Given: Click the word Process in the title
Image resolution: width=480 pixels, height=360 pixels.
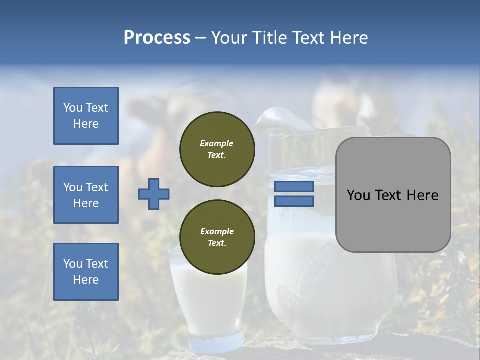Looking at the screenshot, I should [157, 38].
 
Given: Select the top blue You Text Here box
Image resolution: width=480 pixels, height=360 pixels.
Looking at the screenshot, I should [86, 116].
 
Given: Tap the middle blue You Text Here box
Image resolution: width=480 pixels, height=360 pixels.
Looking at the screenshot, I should [86, 195].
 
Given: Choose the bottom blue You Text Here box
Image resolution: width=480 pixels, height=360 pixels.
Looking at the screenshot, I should [86, 272].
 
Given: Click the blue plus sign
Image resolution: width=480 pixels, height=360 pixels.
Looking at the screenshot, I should [154, 194].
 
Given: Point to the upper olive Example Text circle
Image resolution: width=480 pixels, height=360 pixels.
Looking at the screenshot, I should [217, 149].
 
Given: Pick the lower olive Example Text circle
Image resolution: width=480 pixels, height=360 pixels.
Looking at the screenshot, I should [217, 237].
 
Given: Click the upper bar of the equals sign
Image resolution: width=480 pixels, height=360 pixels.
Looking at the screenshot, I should [294, 186].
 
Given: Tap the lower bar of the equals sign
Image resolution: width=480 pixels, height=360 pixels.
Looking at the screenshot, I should [294, 201].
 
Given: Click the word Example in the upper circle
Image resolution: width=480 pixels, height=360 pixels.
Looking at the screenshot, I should [216, 143].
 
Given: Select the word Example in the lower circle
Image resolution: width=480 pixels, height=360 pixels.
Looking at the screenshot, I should [217, 231].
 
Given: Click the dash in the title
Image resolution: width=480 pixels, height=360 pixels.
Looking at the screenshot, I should [201, 38].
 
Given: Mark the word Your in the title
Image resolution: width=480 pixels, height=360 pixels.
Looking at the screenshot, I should [228, 38].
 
